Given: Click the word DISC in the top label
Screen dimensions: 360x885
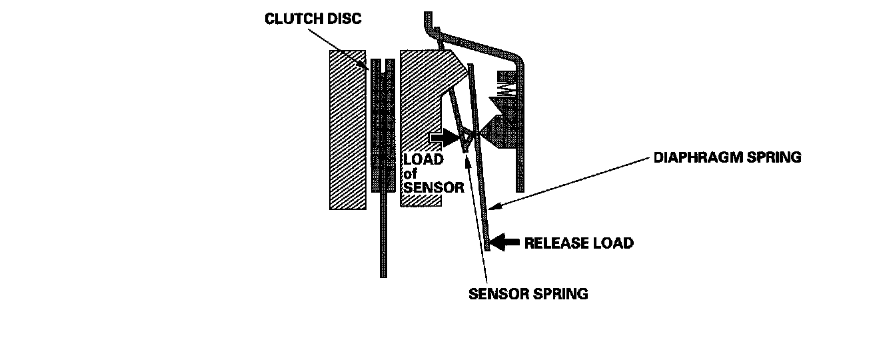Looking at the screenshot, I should click(344, 19).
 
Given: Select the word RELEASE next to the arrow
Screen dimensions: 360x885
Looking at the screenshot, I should click(551, 243).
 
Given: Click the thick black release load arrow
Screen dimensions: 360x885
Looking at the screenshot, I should click(506, 243).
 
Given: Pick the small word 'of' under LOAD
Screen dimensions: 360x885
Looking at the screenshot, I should click(411, 174).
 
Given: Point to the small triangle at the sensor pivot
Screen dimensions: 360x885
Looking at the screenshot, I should click(468, 138).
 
